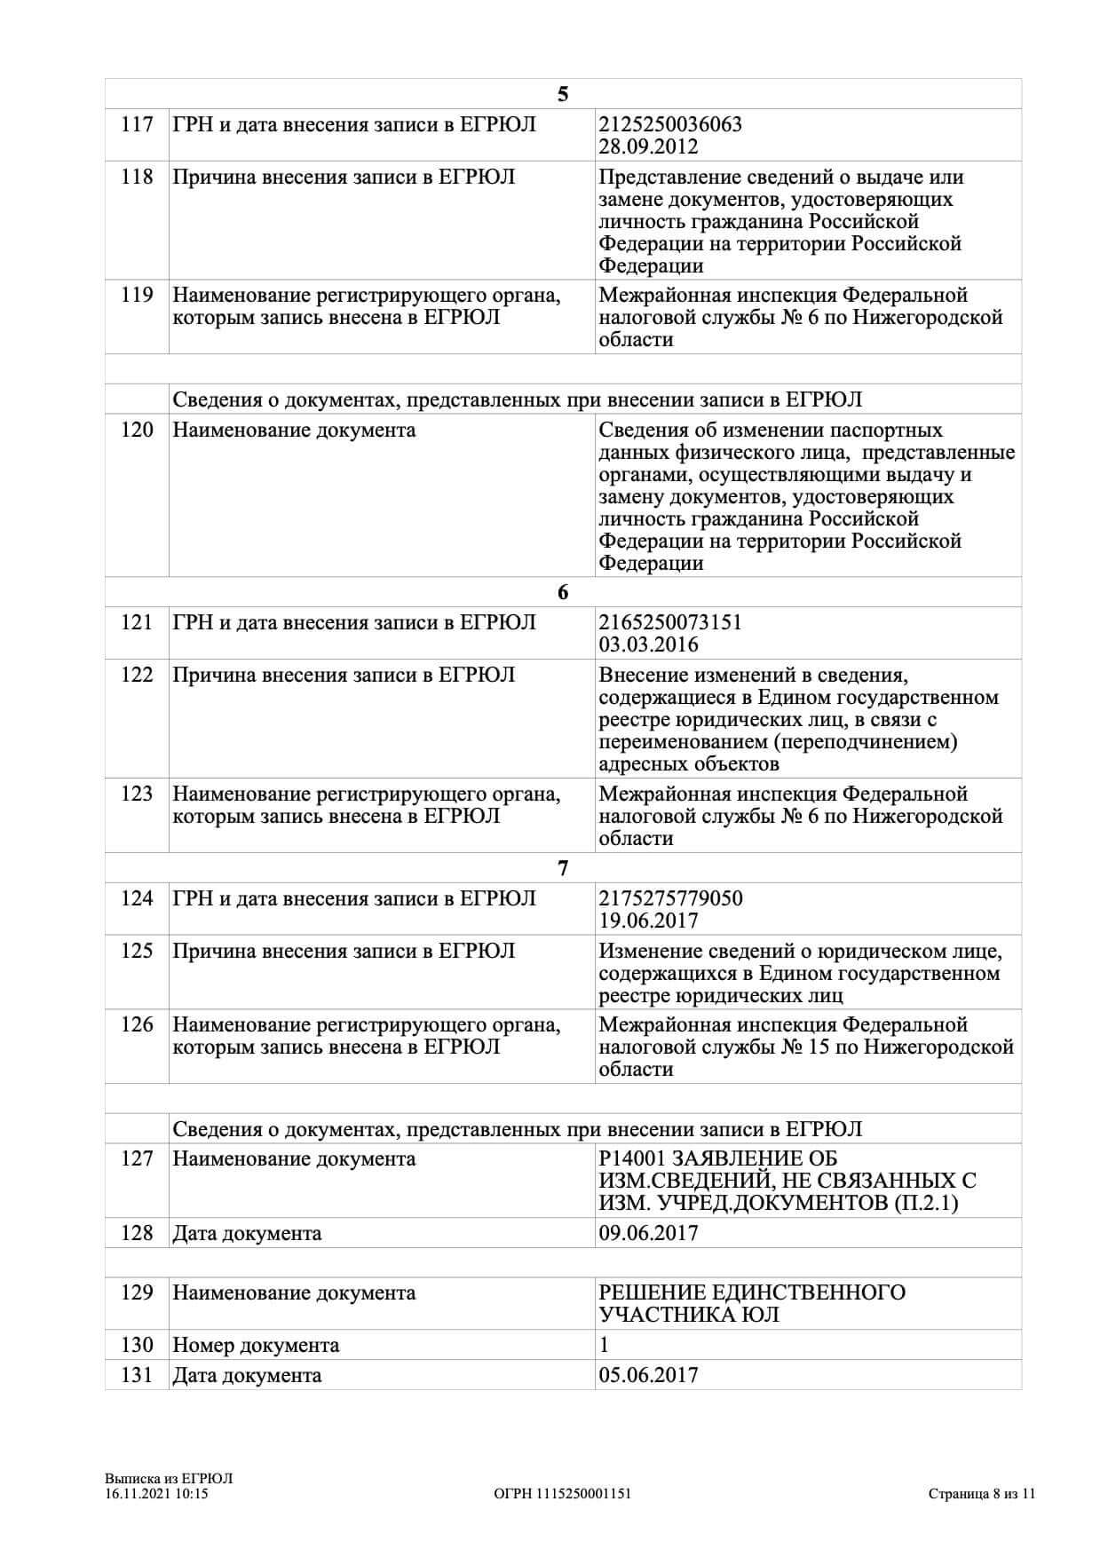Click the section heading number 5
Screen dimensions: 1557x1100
pyautogui.click(x=563, y=94)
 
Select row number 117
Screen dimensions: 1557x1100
pyautogui.click(x=137, y=124)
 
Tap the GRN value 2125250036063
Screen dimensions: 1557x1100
pyautogui.click(x=670, y=124)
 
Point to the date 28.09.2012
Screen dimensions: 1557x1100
pyautogui.click(x=648, y=146)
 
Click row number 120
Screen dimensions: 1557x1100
pyautogui.click(x=137, y=431)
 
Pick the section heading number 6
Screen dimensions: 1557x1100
pyautogui.click(x=563, y=592)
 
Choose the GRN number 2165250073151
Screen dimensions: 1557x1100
pyautogui.click(x=670, y=622)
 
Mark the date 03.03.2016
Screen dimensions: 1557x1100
pyautogui.click(x=648, y=644)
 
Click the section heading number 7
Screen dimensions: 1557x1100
pyautogui.click(x=563, y=868)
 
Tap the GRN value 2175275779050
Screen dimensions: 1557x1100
pyautogui.click(x=670, y=898)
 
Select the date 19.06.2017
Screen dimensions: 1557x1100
pyautogui.click(x=648, y=921)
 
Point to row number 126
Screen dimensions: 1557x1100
pyautogui.click(x=137, y=1025)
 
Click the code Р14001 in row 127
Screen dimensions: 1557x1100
pyautogui.click(x=631, y=1159)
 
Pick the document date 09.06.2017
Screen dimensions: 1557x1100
pyautogui.click(x=648, y=1233)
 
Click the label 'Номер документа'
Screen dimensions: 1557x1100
pyautogui.click(x=256, y=1345)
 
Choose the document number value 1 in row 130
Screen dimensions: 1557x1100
pyautogui.click(x=605, y=1345)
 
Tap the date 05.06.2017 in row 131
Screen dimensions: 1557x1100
pyautogui.click(x=648, y=1375)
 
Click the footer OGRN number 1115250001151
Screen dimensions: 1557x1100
pyautogui.click(x=583, y=1493)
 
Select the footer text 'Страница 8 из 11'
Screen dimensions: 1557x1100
pyautogui.click(x=982, y=1493)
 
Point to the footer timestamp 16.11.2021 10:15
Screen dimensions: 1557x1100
pyautogui.click(x=156, y=1493)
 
